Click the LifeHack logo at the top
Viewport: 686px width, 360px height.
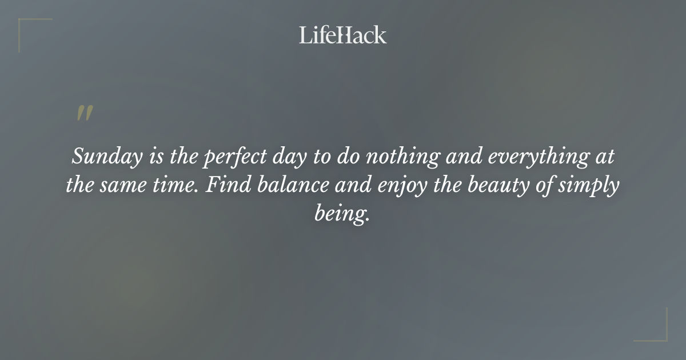point(342,35)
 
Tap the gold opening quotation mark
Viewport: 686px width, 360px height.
point(84,113)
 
